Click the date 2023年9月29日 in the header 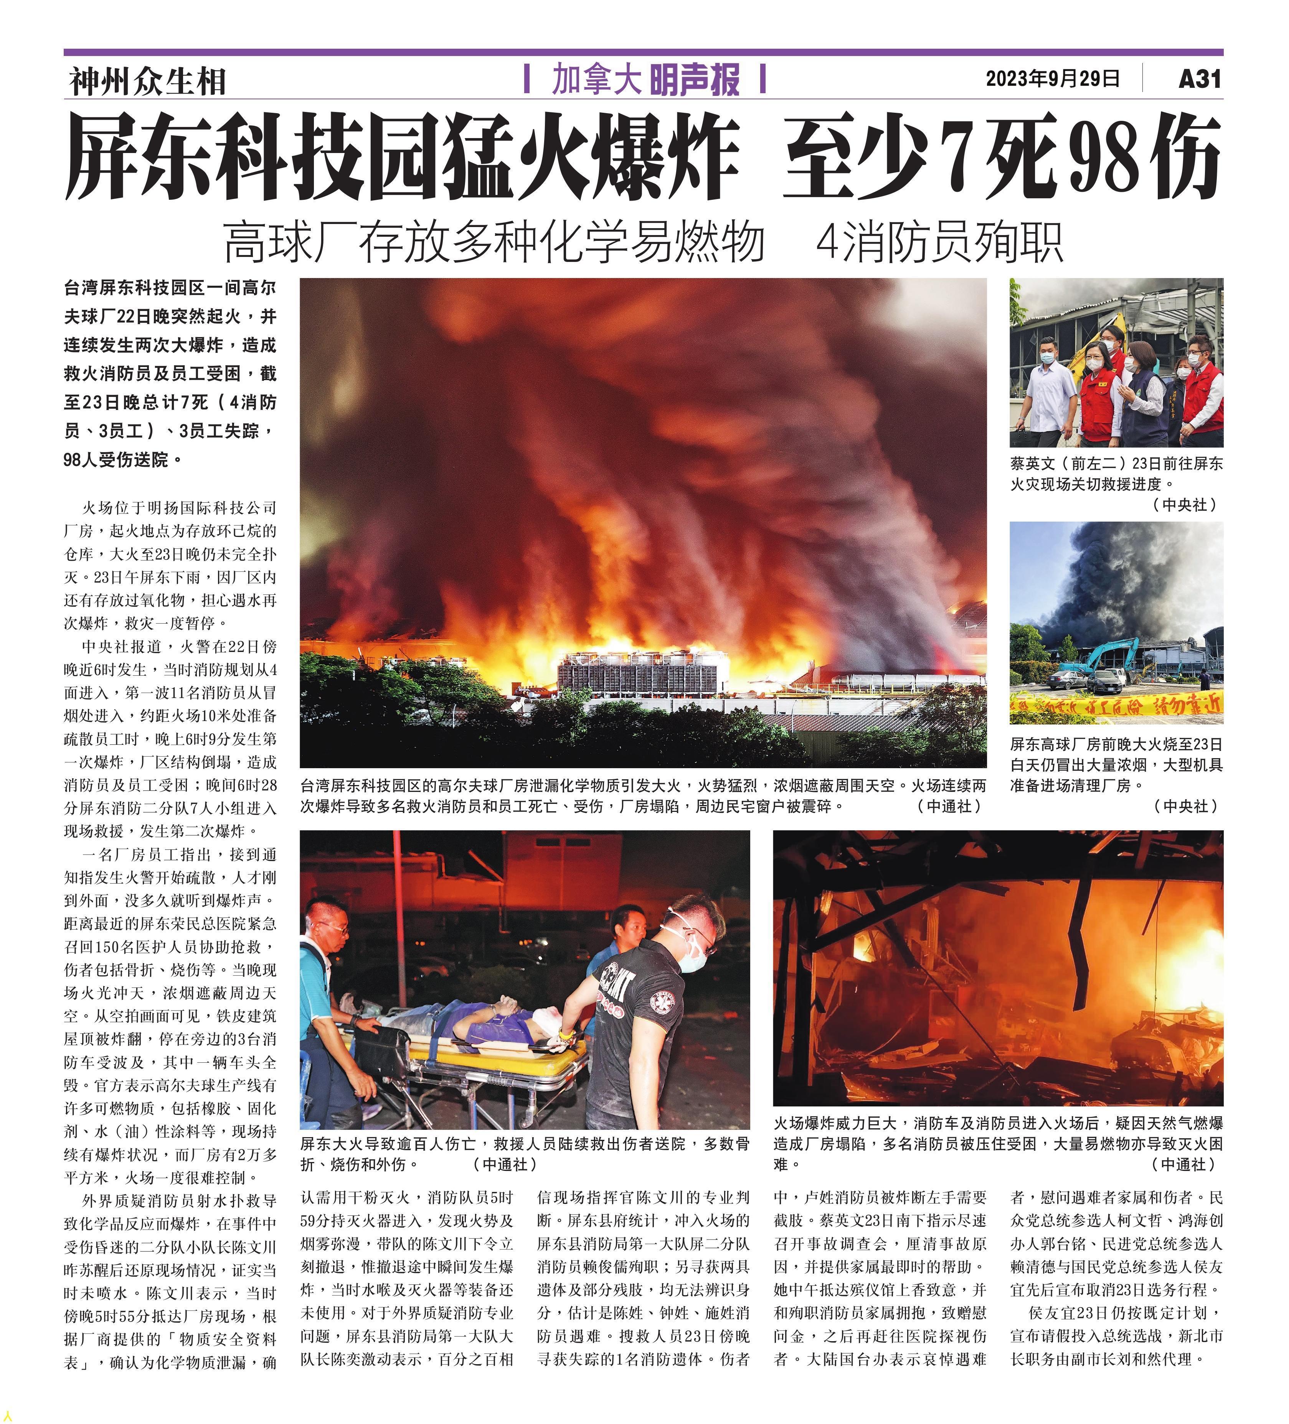pyautogui.click(x=1052, y=78)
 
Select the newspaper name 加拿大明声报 pyautogui.click(x=645, y=79)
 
